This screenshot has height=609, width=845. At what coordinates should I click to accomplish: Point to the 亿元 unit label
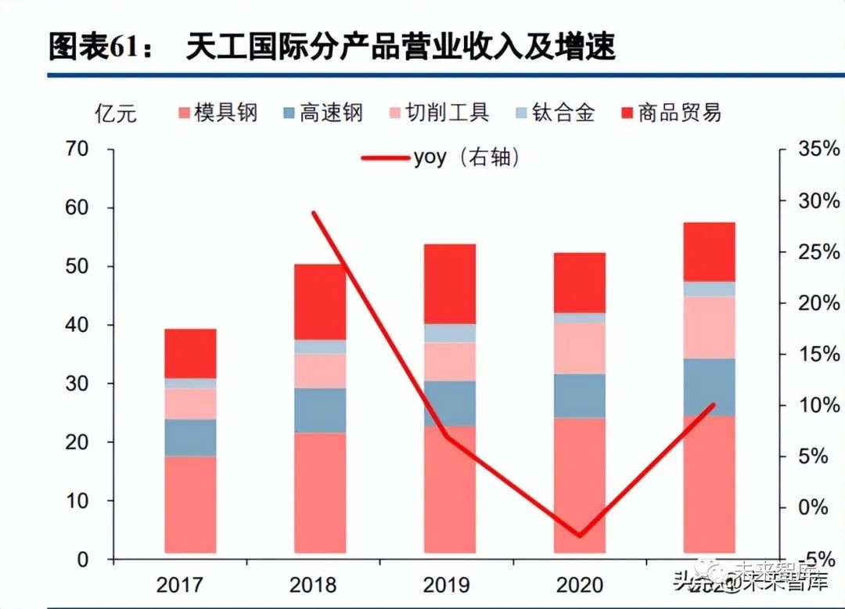[x=115, y=114]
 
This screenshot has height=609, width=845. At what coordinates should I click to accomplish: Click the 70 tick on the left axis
[x=77, y=149]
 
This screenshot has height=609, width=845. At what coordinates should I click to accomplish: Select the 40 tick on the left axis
[x=77, y=325]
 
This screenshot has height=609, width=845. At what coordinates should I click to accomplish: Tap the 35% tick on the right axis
[x=818, y=149]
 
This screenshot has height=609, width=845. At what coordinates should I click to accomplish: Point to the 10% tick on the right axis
[x=818, y=405]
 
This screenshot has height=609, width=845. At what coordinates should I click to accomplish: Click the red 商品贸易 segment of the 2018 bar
[x=320, y=302]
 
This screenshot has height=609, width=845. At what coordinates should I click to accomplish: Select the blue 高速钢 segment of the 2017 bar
[x=190, y=438]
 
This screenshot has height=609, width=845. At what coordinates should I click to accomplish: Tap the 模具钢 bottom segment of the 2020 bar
[x=579, y=485]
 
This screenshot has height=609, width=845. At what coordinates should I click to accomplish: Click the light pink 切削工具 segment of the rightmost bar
[x=709, y=327]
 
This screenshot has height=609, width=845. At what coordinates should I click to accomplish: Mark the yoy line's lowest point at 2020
[x=580, y=536]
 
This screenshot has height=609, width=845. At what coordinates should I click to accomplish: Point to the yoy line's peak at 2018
[x=314, y=213]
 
